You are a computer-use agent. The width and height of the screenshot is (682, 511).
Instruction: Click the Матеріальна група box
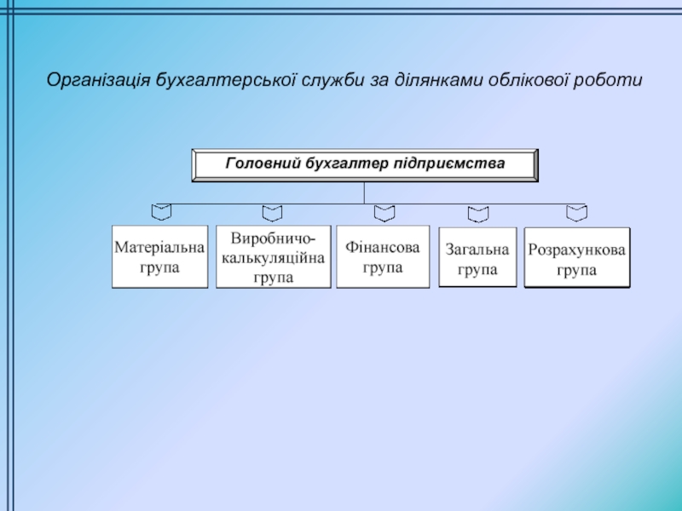(x=159, y=256)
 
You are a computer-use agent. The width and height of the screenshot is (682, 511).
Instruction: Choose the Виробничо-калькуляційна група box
(x=273, y=256)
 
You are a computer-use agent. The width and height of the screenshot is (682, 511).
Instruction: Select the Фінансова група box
(x=383, y=256)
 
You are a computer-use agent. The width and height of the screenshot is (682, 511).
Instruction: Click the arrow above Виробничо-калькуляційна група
(x=272, y=210)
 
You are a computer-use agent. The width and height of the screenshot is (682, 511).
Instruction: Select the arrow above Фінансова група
(x=384, y=210)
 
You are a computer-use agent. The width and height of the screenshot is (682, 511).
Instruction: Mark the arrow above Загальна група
(x=477, y=211)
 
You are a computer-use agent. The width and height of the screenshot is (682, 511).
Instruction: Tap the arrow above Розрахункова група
(x=577, y=210)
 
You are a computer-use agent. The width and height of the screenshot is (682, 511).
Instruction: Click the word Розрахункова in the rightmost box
(x=576, y=250)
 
